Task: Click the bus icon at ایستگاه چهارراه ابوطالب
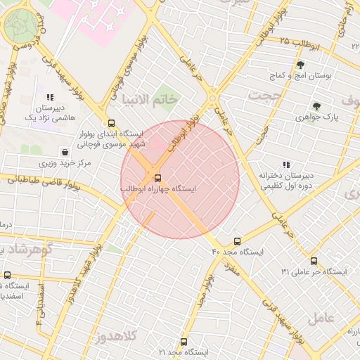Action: point(157,177)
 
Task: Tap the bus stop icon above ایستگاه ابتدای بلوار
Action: point(110,122)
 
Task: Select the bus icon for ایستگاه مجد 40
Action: point(237,241)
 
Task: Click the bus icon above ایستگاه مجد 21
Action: point(184,342)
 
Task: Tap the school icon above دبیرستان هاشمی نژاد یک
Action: point(49,97)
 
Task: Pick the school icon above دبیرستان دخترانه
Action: point(285,165)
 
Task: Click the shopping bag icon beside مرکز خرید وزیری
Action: point(65,152)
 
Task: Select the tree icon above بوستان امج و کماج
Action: point(300,64)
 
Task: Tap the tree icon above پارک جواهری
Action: point(317,107)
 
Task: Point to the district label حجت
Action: point(265,94)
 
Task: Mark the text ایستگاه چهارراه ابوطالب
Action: point(158,189)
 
